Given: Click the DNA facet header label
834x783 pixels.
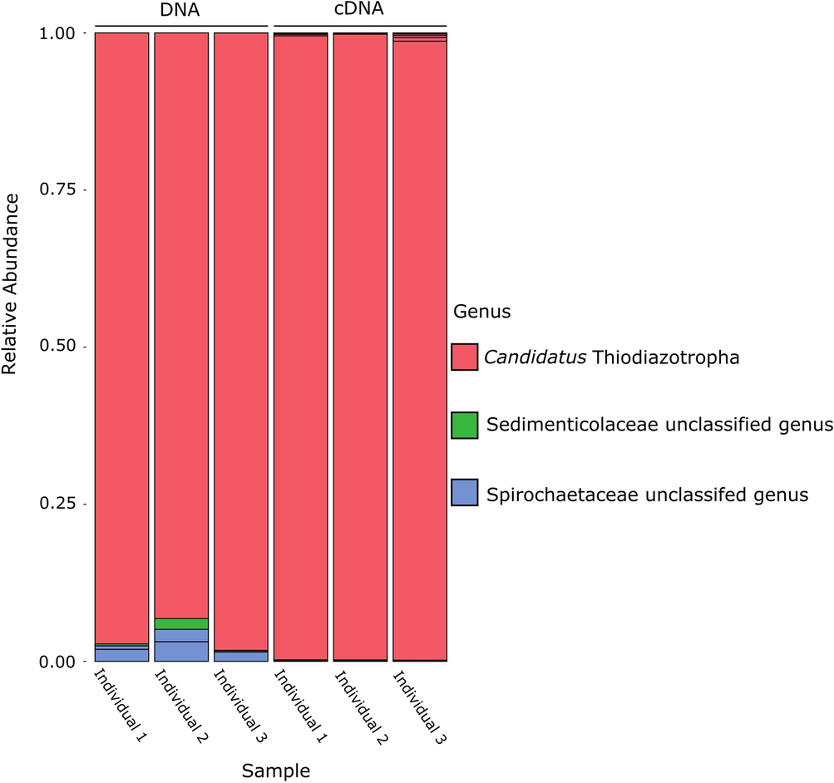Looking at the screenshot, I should point(180,11).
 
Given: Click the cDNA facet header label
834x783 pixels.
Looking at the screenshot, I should point(360,11).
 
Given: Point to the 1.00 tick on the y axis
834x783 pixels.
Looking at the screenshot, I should point(61,33).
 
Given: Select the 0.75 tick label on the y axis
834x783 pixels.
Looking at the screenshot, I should point(61,190).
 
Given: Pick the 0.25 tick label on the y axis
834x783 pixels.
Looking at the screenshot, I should point(61,504).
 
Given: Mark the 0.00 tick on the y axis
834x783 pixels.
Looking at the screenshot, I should point(61,661).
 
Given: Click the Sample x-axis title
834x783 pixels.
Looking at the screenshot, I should point(276,771).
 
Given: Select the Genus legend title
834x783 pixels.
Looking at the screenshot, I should point(481,313).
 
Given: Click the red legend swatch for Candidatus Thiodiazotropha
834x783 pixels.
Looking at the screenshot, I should point(464,357).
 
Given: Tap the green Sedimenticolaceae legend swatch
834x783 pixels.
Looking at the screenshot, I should point(464,426).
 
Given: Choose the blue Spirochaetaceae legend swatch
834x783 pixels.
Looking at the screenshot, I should point(464,494).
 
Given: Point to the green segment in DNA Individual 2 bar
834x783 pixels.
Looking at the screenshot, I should point(181,623).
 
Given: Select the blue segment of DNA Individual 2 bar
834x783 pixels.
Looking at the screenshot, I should point(181,646).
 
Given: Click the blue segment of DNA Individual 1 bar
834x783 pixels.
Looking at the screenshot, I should point(121,655).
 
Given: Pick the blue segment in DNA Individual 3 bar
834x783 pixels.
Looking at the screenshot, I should point(240,657).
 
